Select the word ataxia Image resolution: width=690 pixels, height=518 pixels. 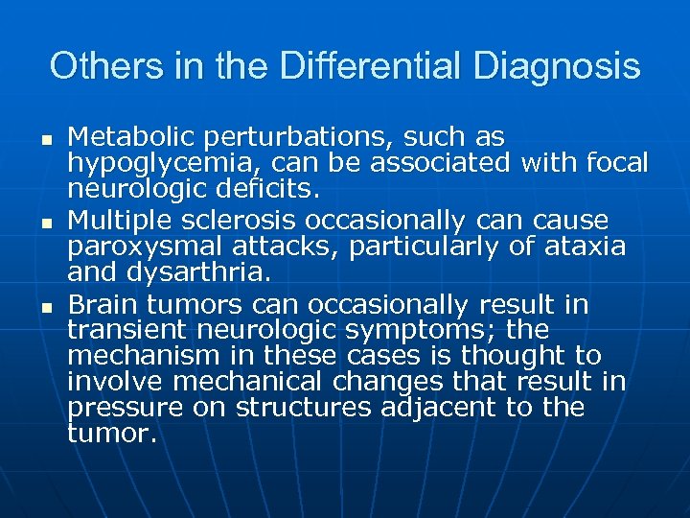[x=586, y=247]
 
